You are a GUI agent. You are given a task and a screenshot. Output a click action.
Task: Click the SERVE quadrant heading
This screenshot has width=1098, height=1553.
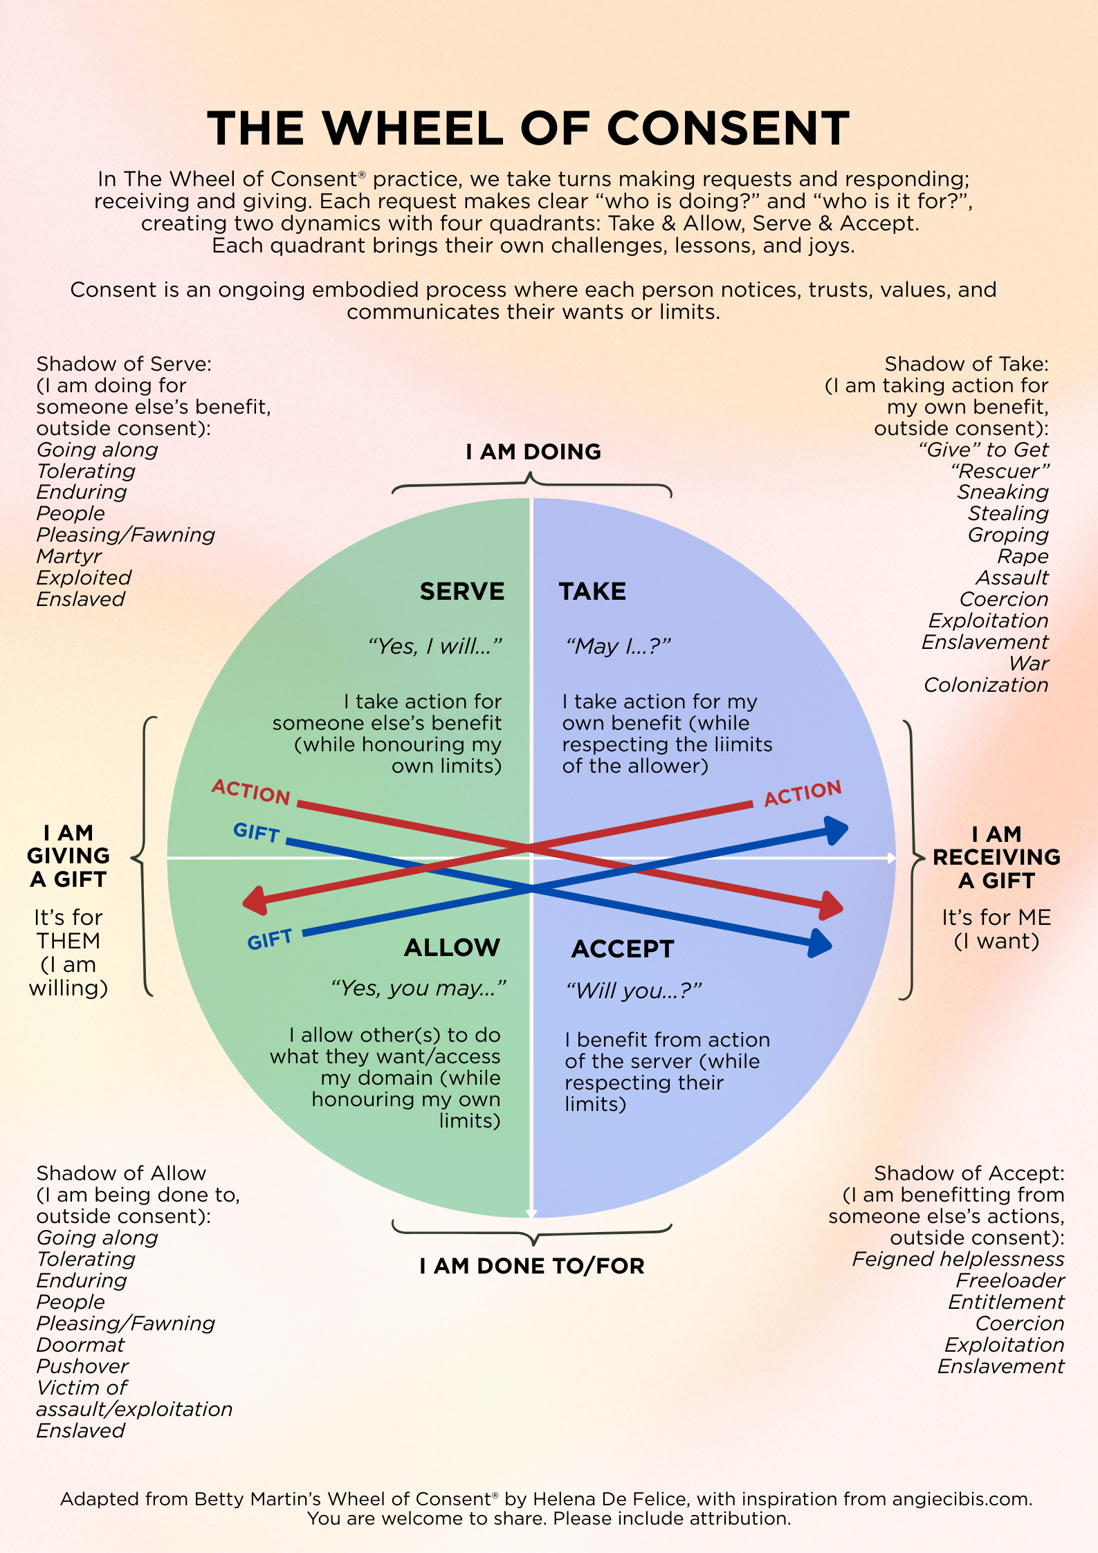[x=462, y=591]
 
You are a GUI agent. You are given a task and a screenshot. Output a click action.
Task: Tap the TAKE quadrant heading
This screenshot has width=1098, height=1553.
[x=592, y=591]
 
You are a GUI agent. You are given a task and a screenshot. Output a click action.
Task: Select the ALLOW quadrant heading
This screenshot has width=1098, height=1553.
[x=452, y=948]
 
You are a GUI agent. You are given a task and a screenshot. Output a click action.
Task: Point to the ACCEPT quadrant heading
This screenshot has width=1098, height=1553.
[x=623, y=949]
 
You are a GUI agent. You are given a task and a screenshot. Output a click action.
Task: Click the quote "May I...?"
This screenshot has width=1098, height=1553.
[x=618, y=646]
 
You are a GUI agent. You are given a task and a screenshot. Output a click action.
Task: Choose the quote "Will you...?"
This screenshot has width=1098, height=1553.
[x=634, y=991]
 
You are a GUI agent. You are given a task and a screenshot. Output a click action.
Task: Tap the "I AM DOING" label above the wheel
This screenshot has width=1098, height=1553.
[x=533, y=452]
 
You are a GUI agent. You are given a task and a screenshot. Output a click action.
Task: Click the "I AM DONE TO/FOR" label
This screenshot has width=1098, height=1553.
[x=532, y=1266]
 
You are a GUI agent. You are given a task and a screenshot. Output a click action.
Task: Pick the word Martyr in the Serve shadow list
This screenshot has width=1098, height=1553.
[x=69, y=556]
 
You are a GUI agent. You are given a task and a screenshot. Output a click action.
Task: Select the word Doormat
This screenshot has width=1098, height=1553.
[x=80, y=1345]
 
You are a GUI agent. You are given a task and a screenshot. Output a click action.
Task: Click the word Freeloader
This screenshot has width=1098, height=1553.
[x=1010, y=1280]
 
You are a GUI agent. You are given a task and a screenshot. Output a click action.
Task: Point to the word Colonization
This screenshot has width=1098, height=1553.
[x=986, y=685]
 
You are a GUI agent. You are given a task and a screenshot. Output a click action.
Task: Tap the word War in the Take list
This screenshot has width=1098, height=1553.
[x=1029, y=663]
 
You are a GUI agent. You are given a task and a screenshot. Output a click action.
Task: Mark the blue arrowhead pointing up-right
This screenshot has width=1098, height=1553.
[x=837, y=829]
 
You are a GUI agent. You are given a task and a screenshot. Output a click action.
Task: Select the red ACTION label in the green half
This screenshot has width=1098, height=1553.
[x=250, y=791]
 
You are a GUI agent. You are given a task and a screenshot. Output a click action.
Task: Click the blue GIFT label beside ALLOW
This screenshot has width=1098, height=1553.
[x=270, y=939]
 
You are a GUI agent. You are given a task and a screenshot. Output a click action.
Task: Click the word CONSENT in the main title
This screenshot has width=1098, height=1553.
[x=728, y=129]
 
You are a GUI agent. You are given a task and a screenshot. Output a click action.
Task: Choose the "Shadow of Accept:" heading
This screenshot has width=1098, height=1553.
[x=969, y=1173]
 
